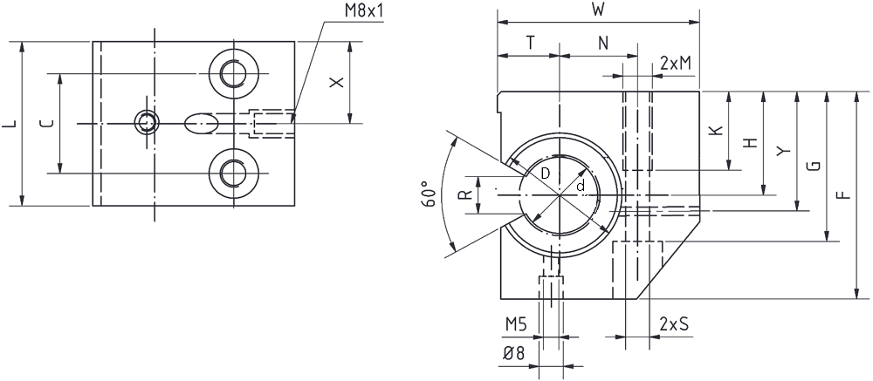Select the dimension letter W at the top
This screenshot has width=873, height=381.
(x=598, y=10)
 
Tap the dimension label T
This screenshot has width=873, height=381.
(x=530, y=44)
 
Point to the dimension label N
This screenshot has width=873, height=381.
(x=603, y=44)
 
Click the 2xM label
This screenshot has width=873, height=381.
(x=676, y=64)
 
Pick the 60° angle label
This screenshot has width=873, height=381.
(x=428, y=194)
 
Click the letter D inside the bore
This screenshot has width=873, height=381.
(x=546, y=173)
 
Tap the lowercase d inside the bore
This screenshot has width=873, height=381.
(x=581, y=187)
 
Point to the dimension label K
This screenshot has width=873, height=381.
(x=717, y=130)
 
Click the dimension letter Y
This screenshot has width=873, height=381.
(x=784, y=151)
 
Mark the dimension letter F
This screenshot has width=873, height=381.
(x=844, y=194)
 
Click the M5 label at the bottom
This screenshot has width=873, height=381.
(x=516, y=323)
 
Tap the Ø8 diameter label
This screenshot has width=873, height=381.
(x=514, y=354)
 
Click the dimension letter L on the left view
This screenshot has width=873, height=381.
(x=10, y=124)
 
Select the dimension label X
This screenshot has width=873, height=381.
(x=336, y=82)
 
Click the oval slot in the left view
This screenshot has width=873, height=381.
(x=201, y=123)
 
